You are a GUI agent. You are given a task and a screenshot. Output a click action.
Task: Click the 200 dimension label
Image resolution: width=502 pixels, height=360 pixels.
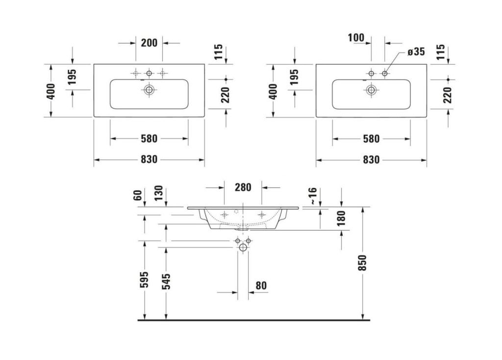(x=149, y=43)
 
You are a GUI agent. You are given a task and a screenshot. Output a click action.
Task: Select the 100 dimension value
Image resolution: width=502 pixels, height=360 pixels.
(x=356, y=38)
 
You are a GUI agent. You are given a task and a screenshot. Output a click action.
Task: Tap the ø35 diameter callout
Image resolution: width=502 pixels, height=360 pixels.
(x=416, y=51)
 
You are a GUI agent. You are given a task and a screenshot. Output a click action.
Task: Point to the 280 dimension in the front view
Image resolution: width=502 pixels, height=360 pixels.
(x=243, y=187)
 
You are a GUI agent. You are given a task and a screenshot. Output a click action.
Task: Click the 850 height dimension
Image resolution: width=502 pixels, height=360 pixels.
(x=362, y=263)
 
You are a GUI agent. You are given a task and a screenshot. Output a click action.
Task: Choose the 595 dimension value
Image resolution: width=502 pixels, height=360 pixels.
(x=145, y=279)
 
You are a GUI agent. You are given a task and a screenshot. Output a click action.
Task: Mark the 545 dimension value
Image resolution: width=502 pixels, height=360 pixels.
(x=166, y=282)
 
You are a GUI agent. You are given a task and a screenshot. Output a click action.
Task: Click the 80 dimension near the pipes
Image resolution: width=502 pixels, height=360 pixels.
(x=261, y=286)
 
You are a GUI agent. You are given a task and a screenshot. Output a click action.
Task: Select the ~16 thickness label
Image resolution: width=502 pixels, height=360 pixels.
(x=312, y=196)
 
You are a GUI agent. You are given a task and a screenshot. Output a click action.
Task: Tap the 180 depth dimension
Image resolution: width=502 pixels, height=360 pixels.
(x=341, y=218)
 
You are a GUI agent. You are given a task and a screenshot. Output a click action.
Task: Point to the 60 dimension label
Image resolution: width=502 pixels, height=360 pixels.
(x=137, y=195)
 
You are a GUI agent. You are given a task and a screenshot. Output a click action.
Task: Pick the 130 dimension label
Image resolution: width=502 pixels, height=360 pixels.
(x=158, y=193)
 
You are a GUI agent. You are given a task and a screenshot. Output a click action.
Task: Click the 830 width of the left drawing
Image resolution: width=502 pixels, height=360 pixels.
(x=149, y=159)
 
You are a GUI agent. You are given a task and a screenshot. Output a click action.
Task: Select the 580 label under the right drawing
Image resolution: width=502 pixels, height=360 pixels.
(x=372, y=139)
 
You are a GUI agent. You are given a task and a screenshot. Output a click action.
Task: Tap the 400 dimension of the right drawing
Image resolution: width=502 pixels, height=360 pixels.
(x=273, y=92)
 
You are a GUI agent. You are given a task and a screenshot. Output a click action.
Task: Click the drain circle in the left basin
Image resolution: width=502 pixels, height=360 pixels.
(x=149, y=90)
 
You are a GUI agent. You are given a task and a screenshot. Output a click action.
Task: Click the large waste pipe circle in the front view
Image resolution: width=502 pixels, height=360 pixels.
(x=243, y=247)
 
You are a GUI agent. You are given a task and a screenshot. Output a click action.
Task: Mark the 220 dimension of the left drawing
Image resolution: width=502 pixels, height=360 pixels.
(x=226, y=95)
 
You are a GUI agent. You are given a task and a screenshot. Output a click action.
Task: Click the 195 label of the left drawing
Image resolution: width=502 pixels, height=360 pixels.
(x=73, y=77)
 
